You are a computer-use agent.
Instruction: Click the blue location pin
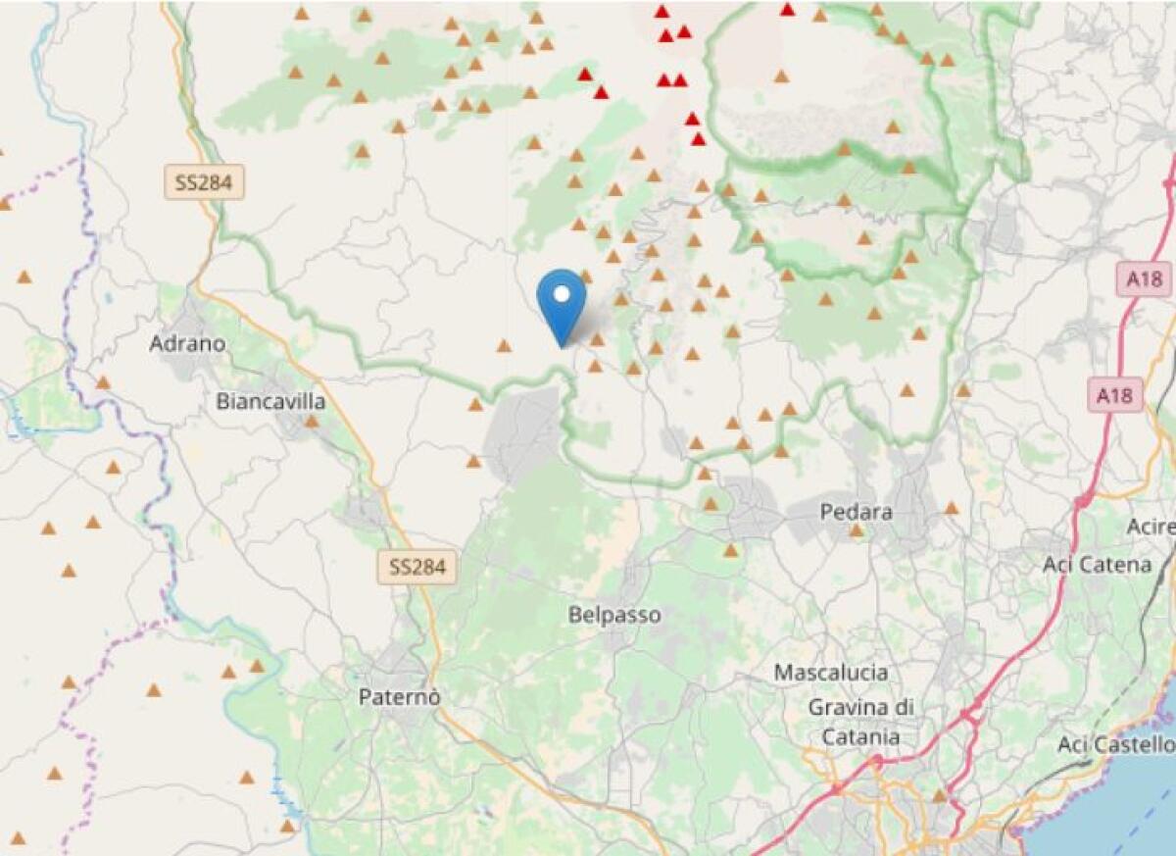562,299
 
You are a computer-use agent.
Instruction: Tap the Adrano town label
187,344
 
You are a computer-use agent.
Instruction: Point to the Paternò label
400,697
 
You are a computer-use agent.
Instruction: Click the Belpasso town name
614,616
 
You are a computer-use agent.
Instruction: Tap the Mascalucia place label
831,673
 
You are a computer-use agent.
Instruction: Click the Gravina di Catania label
860,721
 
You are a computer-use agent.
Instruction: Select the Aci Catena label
1098,565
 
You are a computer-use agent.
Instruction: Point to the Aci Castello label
1115,744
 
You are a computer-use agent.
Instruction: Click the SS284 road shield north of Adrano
203,182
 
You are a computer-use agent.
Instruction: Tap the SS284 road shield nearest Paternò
417,567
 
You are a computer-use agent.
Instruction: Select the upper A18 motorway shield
1144,279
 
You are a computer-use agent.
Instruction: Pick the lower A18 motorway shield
1115,395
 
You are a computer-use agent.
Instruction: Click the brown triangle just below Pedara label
856,530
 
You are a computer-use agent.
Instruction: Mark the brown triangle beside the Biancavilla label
311,422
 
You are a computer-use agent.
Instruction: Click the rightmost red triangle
787,10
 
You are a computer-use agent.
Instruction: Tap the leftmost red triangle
585,75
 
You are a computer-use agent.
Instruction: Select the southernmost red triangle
698,139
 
